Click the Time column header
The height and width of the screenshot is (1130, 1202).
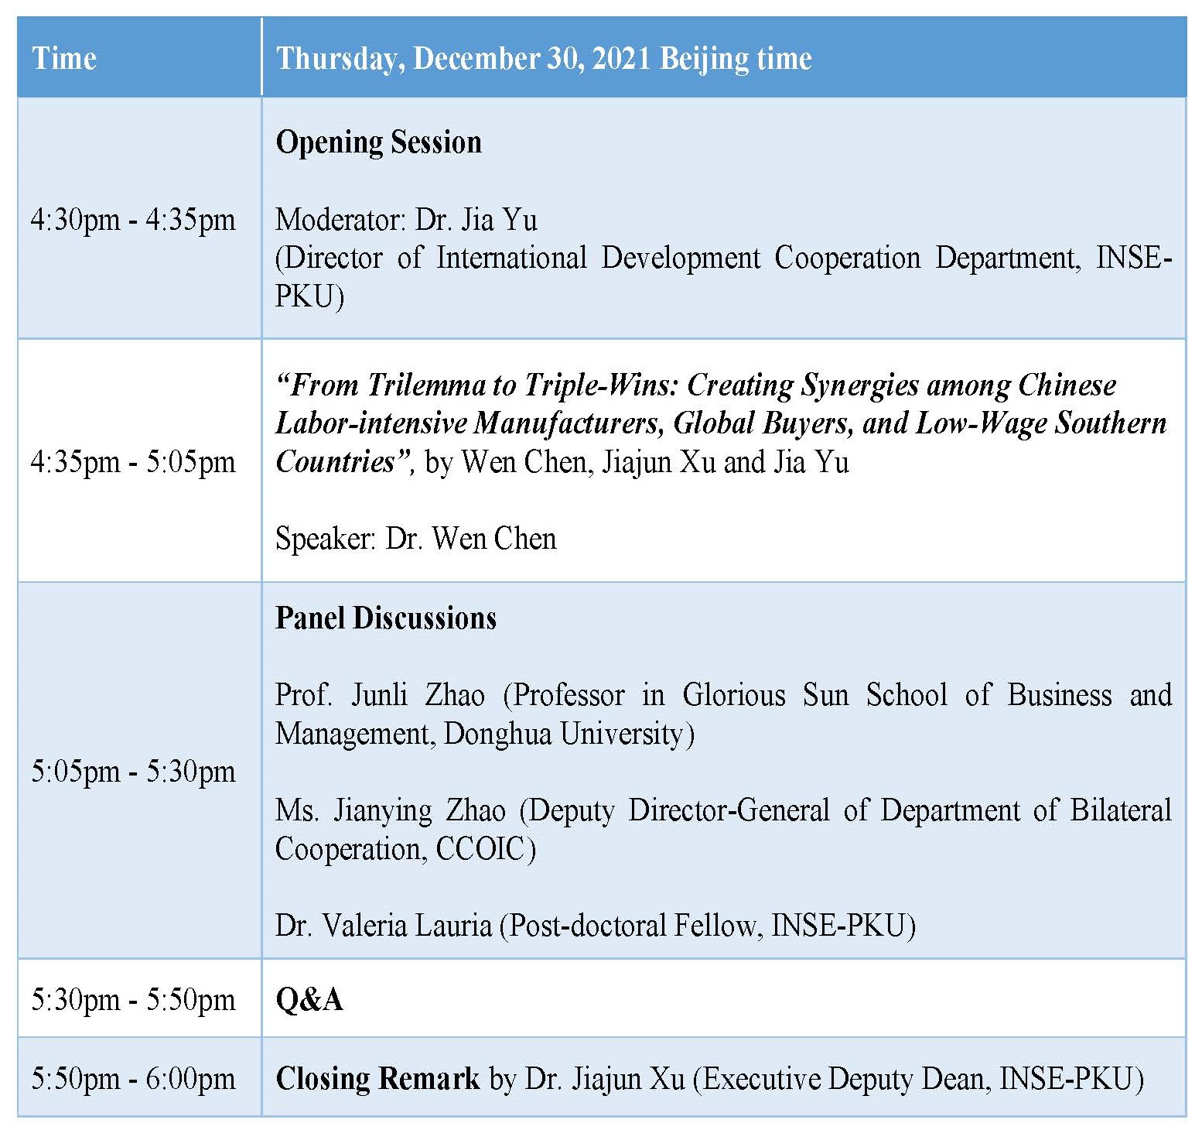pos(64,58)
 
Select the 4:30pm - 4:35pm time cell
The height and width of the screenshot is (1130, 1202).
pos(133,220)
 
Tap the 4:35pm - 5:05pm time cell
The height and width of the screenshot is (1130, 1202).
pos(133,462)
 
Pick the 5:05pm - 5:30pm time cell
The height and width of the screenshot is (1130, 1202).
pos(133,771)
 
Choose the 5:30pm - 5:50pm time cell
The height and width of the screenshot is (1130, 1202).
pos(133,1000)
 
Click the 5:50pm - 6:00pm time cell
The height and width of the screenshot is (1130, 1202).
pos(133,1078)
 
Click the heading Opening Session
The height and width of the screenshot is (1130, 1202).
pos(378,143)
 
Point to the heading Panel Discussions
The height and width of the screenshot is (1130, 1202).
pos(386,618)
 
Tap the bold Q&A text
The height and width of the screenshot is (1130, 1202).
pos(309,1000)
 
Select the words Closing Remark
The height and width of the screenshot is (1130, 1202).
pos(377,1078)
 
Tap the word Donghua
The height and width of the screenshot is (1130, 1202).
pos(499,733)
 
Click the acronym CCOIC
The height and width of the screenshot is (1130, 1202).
pos(480,849)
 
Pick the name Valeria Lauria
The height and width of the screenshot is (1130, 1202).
pos(407,926)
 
